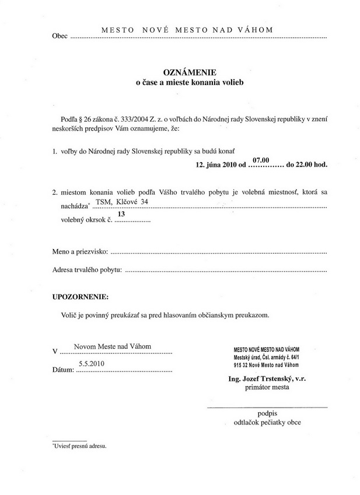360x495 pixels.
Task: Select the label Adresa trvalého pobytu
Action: click(x=87, y=270)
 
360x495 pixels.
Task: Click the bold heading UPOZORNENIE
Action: click(x=80, y=297)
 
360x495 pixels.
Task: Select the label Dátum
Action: click(x=63, y=369)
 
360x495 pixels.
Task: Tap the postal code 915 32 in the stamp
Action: click(x=240, y=365)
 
